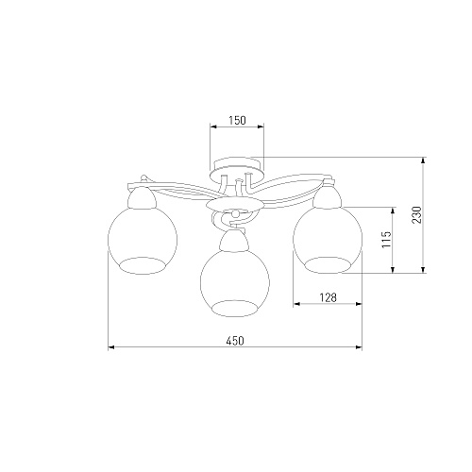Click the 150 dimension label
click(237, 120)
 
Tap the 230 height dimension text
click(416, 214)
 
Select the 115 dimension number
click(386, 239)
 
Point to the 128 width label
click(328, 297)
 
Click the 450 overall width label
click(235, 341)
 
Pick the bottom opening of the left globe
click(143, 266)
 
